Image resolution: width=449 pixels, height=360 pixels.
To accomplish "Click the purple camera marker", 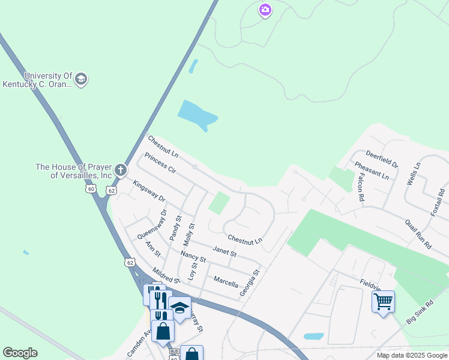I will point(265,10).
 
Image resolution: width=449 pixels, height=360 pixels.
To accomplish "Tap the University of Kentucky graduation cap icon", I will point(82,79).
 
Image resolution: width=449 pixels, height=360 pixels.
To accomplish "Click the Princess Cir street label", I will point(160,169).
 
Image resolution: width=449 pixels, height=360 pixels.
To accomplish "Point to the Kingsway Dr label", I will point(148,191).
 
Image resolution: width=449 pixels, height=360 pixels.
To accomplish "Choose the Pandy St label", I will point(175,229).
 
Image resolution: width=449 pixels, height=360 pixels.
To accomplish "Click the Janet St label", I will point(224,251).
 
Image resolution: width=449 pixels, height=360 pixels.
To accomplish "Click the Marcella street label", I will point(226,281).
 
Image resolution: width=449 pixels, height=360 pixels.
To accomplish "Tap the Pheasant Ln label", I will point(372,171).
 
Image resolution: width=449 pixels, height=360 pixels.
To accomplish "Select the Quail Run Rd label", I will point(418,233).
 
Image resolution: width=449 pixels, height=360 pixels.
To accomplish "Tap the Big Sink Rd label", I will point(420,313).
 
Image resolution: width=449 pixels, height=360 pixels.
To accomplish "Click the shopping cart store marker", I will point(383,301).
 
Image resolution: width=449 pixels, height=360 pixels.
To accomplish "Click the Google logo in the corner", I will point(20,353).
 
